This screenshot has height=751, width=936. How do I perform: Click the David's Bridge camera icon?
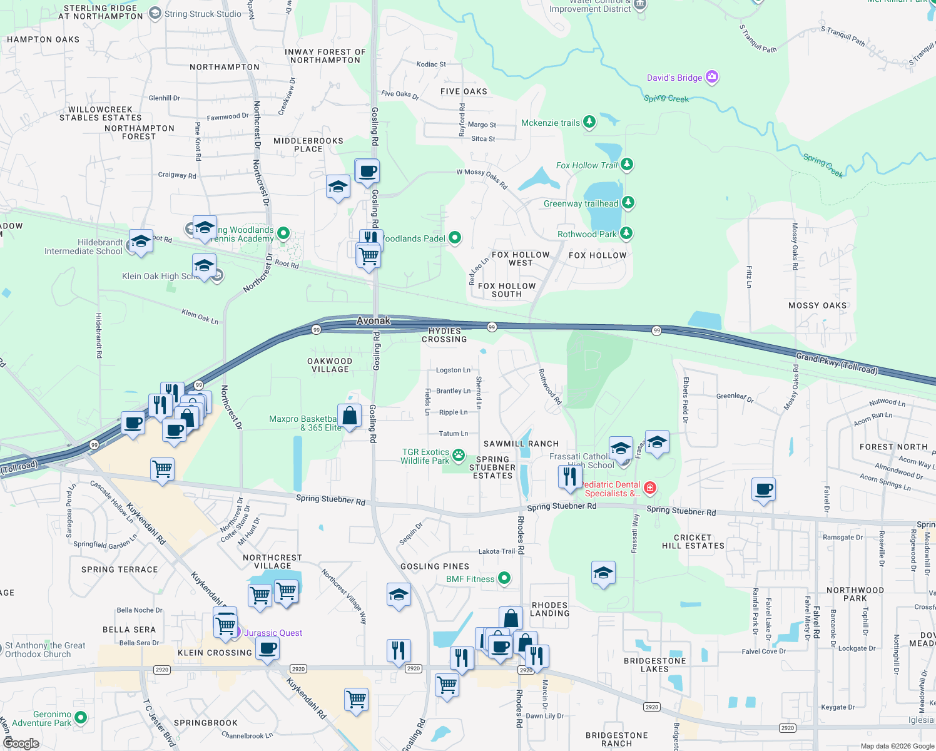click(x=711, y=77)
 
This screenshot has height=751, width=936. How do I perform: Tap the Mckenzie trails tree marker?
click(x=589, y=122)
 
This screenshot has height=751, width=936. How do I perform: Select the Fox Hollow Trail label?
click(x=586, y=165)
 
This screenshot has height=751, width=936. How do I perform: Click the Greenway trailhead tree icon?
click(x=628, y=203)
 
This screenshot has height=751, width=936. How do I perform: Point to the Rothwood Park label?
click(x=586, y=234)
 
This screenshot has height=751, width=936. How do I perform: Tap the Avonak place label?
click(x=374, y=320)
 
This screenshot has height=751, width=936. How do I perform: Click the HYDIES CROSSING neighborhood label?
click(x=444, y=335)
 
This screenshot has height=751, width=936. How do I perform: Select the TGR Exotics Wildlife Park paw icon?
click(x=459, y=455)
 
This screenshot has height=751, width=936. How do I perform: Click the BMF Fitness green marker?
click(x=504, y=578)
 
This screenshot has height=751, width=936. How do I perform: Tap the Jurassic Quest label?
click(x=273, y=633)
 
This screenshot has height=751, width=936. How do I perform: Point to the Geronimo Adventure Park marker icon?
click(x=80, y=717)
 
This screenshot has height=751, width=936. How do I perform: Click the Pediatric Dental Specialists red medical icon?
click(x=650, y=488)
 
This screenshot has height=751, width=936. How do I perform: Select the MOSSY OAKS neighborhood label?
click(x=817, y=305)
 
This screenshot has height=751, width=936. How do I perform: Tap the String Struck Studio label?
click(x=203, y=14)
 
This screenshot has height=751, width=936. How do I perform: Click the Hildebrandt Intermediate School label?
click(x=83, y=247)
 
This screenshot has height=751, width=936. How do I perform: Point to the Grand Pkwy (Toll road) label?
click(x=837, y=363)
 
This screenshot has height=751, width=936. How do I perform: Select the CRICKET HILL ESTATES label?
click(x=693, y=541)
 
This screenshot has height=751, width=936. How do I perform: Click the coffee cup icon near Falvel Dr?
click(x=763, y=489)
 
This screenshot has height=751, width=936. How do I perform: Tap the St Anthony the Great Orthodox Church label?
click(x=45, y=650)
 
